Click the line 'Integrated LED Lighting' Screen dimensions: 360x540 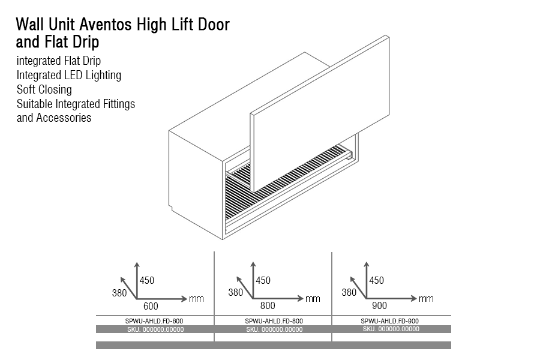point(69,75)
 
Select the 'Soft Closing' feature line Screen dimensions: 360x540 point(44,89)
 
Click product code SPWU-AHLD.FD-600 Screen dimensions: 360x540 point(155,322)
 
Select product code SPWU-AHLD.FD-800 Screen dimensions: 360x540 point(274,322)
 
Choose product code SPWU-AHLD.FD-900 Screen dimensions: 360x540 point(389,321)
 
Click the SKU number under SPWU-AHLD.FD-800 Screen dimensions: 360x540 point(274,329)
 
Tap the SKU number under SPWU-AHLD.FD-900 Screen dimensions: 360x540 point(391,329)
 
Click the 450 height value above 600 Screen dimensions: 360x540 point(147,280)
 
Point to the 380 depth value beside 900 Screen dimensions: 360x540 point(349,293)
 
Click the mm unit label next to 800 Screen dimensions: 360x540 point(313,299)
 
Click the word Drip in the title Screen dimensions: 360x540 point(86,43)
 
